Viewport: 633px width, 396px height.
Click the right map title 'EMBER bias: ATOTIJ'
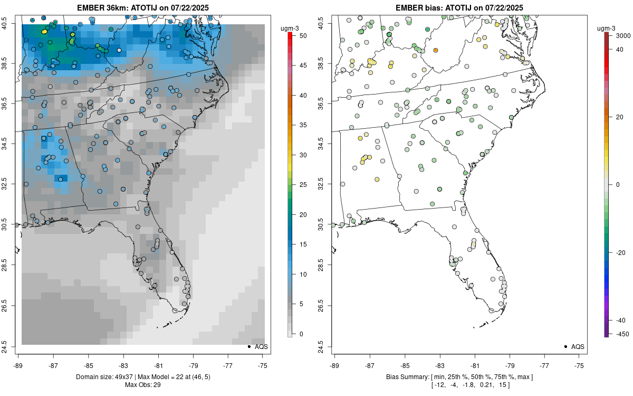[x=459, y=7]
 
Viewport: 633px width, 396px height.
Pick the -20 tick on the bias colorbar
[x=617, y=252]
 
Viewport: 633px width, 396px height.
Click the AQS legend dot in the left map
[x=249, y=347]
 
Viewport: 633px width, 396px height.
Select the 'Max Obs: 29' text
[x=142, y=385]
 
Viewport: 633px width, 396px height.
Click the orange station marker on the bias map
[x=436, y=50]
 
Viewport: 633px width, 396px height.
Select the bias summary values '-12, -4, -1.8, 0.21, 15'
[x=459, y=385]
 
